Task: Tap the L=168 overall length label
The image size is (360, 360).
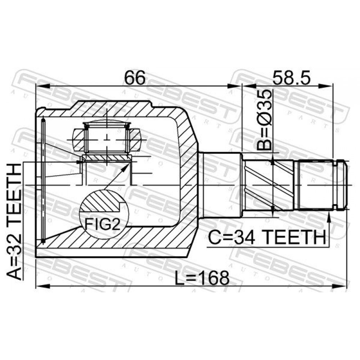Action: tap(202, 278)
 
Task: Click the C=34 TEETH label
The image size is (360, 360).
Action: tap(267, 237)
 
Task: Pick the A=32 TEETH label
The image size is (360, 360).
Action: tap(14, 222)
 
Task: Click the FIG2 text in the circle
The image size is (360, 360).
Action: tap(102, 224)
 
